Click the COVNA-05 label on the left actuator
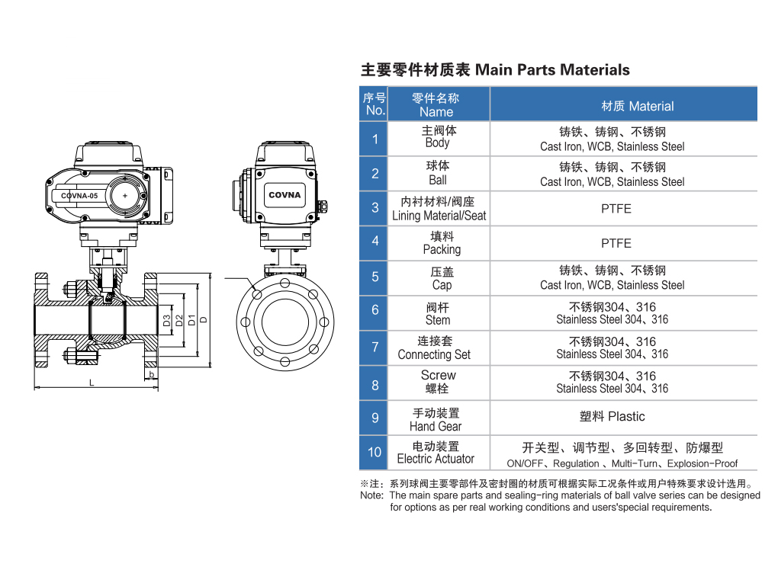(79, 196)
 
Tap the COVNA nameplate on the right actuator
(285, 195)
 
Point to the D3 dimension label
(167, 320)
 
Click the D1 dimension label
(191, 319)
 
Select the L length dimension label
(92, 383)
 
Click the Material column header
(623, 105)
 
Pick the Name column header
(436, 104)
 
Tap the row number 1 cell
(375, 139)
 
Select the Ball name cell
(438, 173)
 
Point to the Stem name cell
(438, 313)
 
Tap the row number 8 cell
(375, 385)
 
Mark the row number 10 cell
(375, 452)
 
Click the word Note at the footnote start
(371, 495)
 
